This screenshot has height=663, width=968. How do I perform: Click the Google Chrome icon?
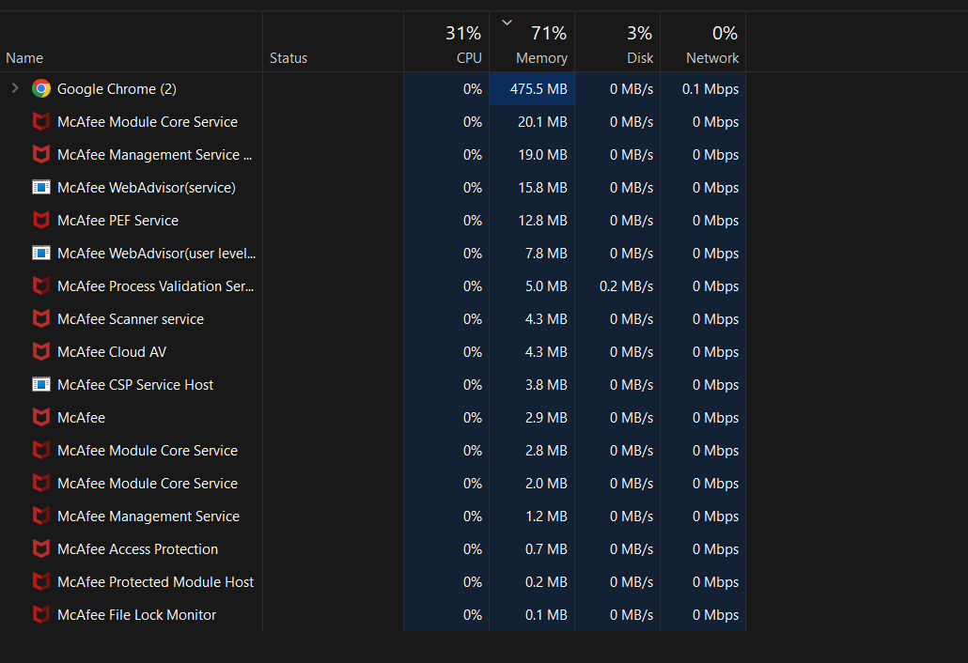click(x=41, y=89)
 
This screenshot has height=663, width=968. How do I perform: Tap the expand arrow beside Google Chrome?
click(x=14, y=88)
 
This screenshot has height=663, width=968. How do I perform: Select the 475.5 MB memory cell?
click(x=539, y=89)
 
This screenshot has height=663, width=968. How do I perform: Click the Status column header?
click(x=289, y=58)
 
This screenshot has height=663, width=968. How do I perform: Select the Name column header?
click(x=24, y=58)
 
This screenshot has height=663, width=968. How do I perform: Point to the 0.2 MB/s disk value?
click(x=626, y=286)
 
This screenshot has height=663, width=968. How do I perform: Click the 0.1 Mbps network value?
click(x=710, y=89)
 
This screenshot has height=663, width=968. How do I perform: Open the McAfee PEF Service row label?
click(x=117, y=221)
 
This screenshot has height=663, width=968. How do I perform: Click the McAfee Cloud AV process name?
click(x=112, y=352)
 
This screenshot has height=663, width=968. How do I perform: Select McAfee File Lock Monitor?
click(x=136, y=615)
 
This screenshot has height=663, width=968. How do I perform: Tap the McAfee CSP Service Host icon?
click(x=41, y=385)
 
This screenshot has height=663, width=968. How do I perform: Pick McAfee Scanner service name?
click(x=131, y=319)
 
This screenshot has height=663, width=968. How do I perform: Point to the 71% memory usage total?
click(x=549, y=34)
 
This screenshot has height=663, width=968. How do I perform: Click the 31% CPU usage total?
click(x=463, y=34)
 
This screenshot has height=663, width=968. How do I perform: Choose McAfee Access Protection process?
click(x=137, y=549)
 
